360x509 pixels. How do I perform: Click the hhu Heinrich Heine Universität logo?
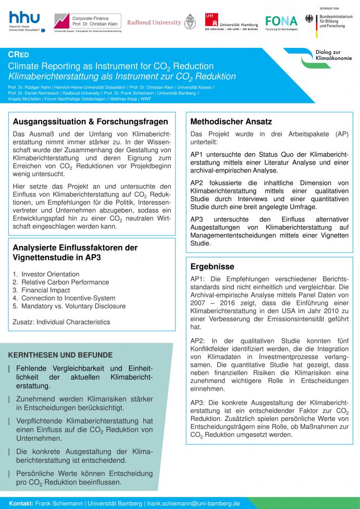click(x=24, y=22)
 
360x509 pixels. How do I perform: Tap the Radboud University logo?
click(x=162, y=22)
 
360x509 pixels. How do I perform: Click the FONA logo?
click(x=281, y=22)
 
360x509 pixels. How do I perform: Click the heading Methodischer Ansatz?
click(x=231, y=121)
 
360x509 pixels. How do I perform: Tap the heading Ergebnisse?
click(x=212, y=266)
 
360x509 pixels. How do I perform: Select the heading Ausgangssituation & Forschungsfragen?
click(x=90, y=121)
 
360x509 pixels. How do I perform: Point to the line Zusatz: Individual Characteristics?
click(x=61, y=322)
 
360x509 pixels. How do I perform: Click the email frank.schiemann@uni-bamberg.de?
click(x=193, y=503)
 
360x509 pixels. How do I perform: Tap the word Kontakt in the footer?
click(x=21, y=503)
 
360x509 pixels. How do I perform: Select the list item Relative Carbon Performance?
click(x=60, y=282)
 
